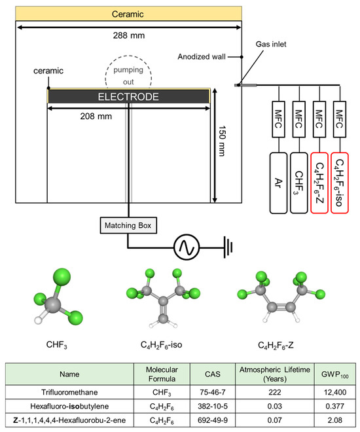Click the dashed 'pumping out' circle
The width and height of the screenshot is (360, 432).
click(x=128, y=75)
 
